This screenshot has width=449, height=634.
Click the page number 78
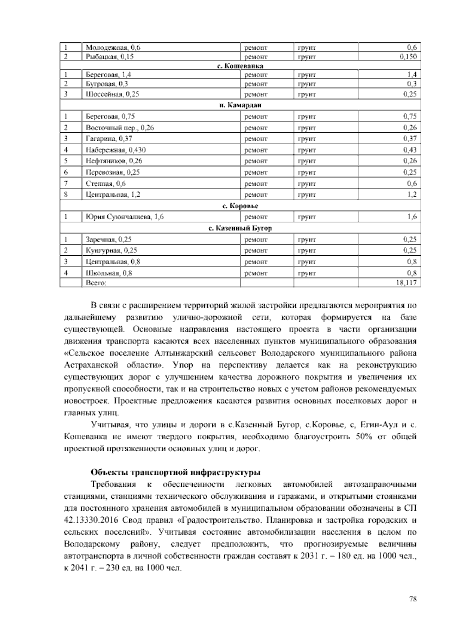[x=413, y=599]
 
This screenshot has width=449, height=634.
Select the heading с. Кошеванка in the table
[x=240, y=66]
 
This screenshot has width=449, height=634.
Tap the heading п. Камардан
[x=240, y=105]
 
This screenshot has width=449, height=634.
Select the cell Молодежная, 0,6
[x=113, y=47]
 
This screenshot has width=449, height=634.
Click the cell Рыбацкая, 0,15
[x=110, y=57]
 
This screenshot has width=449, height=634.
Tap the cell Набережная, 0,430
[x=116, y=150]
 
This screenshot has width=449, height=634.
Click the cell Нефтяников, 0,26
[x=114, y=161]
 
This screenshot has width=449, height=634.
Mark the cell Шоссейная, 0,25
[x=112, y=94]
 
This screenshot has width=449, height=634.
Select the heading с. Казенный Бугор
[x=240, y=228]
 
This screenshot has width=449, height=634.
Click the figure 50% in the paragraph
[x=363, y=437]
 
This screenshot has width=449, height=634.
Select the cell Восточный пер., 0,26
[x=120, y=128]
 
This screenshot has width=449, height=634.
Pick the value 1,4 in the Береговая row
[x=412, y=75]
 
